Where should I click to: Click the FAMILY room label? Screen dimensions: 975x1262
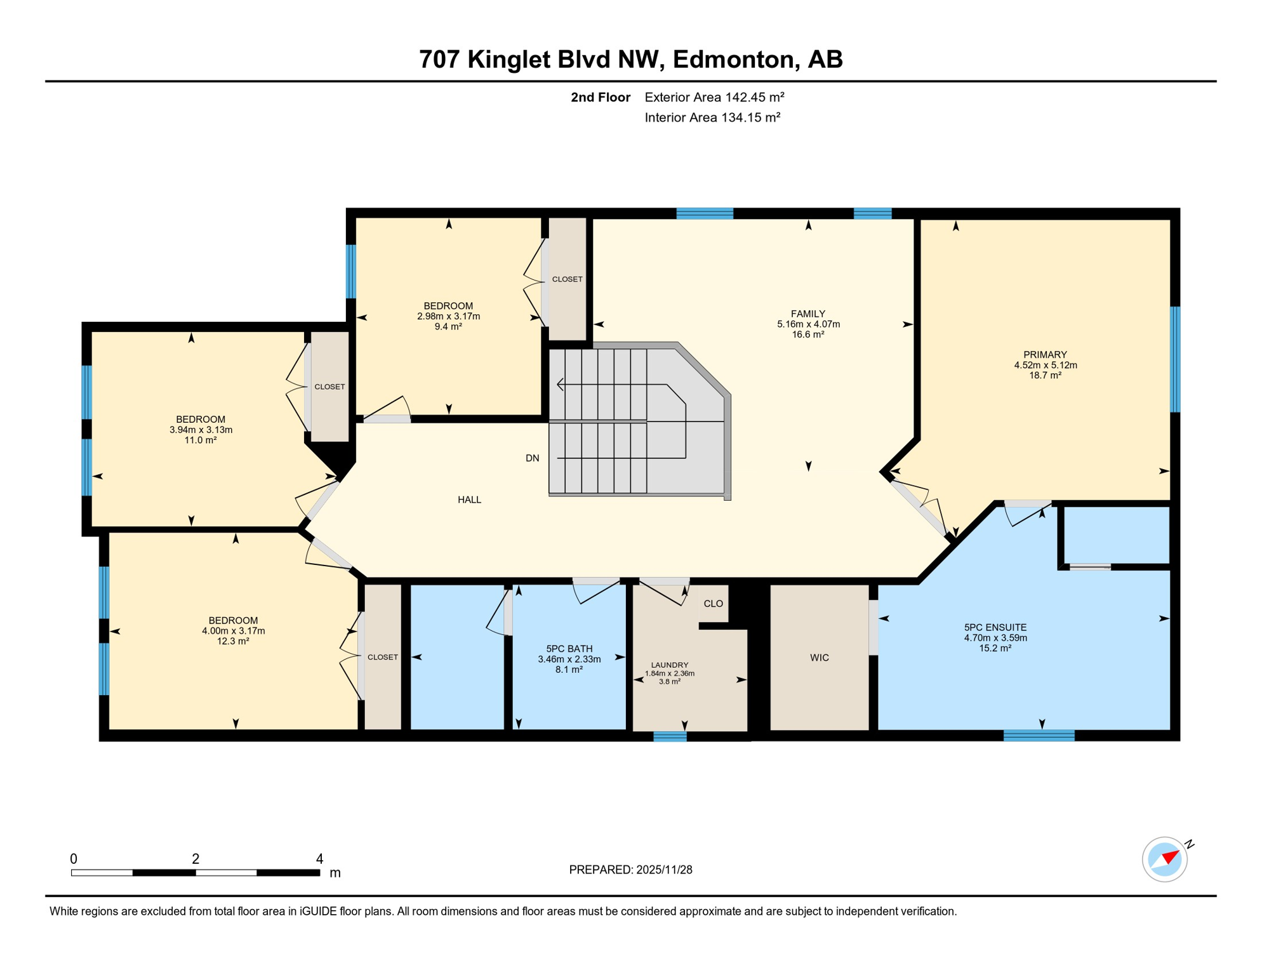pos(807,314)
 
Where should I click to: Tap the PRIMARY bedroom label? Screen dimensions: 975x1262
pos(1045,355)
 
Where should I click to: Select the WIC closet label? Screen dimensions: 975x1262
pos(819,658)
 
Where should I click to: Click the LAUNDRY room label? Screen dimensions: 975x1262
pos(669,665)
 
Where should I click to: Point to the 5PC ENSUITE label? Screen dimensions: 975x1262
pos(995,627)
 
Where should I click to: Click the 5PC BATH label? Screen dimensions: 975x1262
pos(569,649)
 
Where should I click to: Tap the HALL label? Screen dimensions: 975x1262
pos(469,500)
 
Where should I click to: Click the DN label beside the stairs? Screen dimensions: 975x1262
pos(532,458)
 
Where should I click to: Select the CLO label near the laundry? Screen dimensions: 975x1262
pos(713,604)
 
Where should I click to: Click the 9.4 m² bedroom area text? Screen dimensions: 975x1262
pos(448,326)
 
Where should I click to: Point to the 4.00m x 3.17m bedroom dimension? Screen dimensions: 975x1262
pos(233,631)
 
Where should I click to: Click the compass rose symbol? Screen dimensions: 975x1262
pos(1164,859)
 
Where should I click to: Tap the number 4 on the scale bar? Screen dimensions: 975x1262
pos(319,859)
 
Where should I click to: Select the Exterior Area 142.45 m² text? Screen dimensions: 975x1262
pos(714,97)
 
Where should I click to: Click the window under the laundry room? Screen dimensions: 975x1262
pos(670,736)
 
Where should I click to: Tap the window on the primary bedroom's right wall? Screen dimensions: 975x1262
pos(1175,359)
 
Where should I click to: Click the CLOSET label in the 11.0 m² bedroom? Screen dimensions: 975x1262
pos(329,387)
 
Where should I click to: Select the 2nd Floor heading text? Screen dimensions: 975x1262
pos(600,97)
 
